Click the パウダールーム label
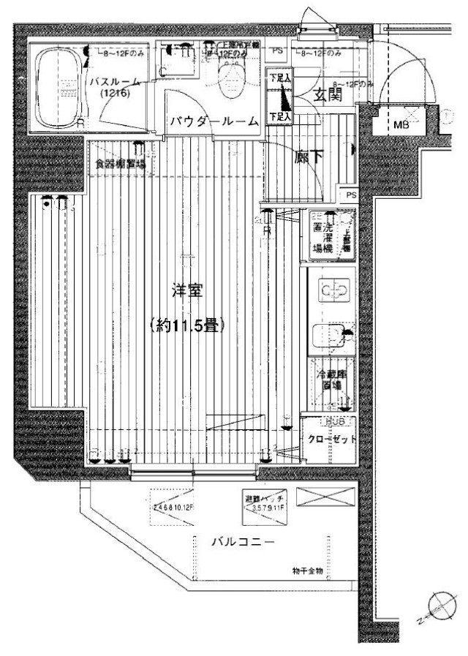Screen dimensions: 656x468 [214, 122]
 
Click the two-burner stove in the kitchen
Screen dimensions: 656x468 [332, 292]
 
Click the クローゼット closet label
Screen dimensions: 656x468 [331, 440]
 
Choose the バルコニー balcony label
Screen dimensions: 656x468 [243, 543]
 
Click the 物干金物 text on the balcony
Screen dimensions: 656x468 [306, 572]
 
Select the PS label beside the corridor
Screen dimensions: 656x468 [350, 195]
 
